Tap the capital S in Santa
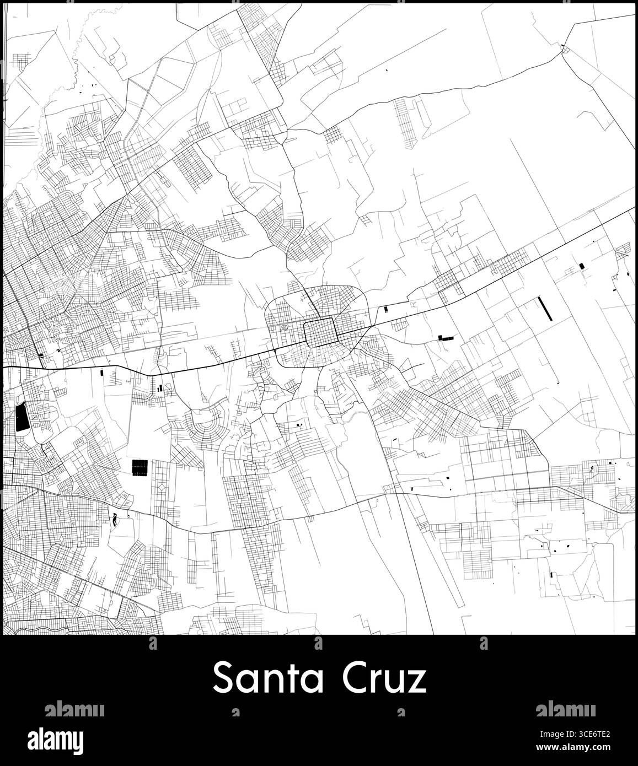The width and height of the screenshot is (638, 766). (x=222, y=679)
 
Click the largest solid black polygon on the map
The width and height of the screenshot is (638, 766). (x=22, y=417)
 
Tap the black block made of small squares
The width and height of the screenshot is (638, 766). (x=140, y=467)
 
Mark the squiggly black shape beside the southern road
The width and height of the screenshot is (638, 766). (x=115, y=519)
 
